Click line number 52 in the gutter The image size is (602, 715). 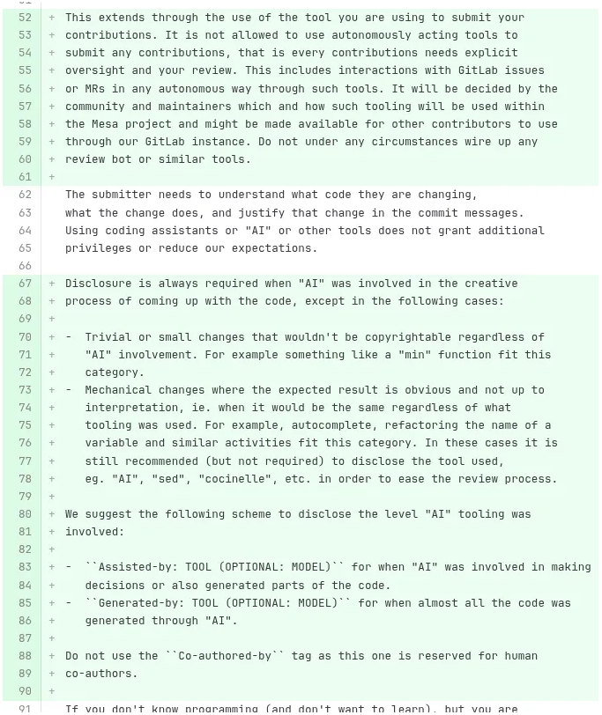(25, 18)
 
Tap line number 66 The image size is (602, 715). (25, 266)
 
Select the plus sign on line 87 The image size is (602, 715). (52, 638)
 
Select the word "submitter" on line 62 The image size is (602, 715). (124, 195)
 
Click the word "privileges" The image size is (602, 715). (98, 248)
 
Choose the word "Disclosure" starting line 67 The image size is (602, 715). (98, 284)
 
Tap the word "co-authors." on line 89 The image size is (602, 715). (101, 674)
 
